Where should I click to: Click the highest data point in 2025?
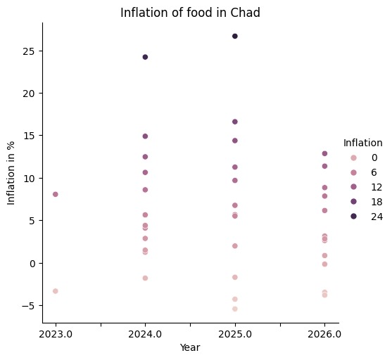click(235, 36)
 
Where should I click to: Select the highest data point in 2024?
click(145, 57)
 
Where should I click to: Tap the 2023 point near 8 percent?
click(55, 194)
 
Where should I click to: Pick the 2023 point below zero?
click(55, 291)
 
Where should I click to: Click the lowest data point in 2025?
click(235, 309)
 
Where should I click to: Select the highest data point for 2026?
click(324, 153)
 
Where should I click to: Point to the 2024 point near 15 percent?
click(145, 136)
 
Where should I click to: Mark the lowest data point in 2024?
click(145, 278)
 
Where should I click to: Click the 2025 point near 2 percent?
click(235, 246)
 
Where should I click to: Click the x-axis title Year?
click(190, 347)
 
